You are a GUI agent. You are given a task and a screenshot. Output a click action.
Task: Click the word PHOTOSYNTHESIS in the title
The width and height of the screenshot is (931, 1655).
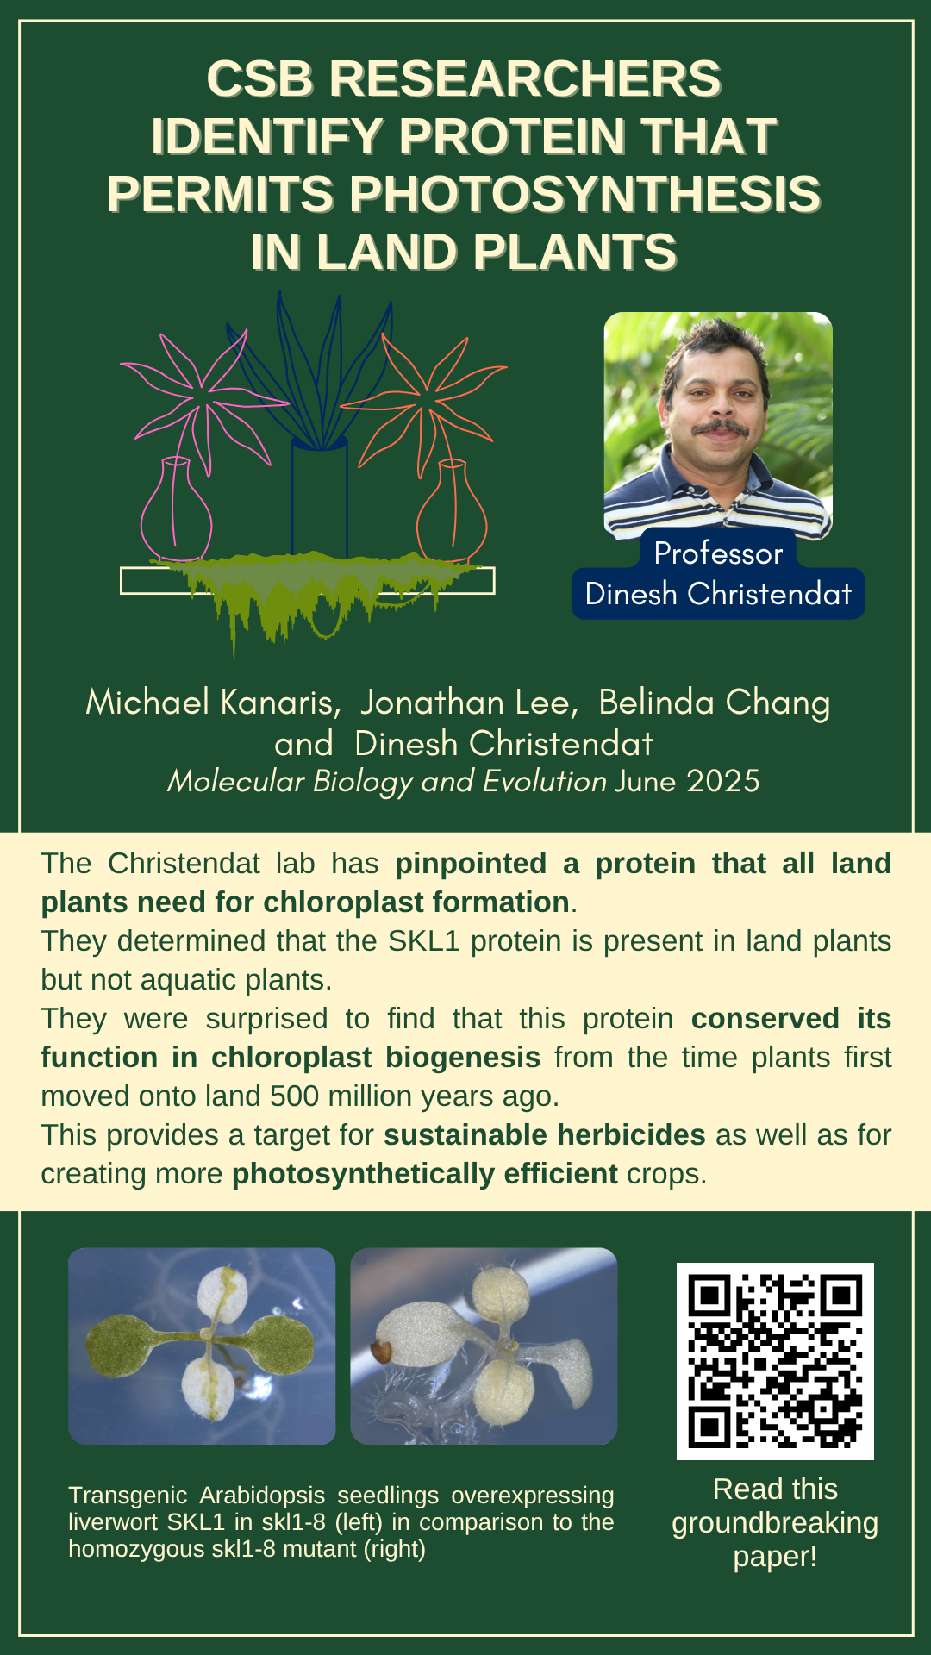pos(585,194)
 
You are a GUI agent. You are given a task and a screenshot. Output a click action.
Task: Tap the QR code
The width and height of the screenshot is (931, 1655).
pos(775,1361)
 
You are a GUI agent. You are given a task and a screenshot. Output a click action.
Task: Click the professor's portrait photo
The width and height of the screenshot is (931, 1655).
pos(718,426)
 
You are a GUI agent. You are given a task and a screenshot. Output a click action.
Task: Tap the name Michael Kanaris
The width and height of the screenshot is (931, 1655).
pos(209,703)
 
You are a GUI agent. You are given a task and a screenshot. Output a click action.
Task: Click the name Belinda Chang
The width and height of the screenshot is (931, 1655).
pos(715,703)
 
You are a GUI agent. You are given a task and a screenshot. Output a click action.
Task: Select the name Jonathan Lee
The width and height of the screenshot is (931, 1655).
pos(467,703)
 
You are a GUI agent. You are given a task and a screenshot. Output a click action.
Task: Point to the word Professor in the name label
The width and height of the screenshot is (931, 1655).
pos(718,553)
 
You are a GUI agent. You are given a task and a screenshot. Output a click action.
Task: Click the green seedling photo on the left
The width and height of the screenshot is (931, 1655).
pos(202,1346)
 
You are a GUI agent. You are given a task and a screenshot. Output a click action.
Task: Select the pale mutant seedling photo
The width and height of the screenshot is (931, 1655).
pos(484,1346)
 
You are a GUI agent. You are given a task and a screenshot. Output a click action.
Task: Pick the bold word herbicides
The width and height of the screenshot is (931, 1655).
pos(631,1135)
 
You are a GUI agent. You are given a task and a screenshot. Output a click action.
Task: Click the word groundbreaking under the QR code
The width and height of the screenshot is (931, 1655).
pos(775,1523)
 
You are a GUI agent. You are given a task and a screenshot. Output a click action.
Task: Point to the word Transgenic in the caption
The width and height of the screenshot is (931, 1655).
pos(128,1496)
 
